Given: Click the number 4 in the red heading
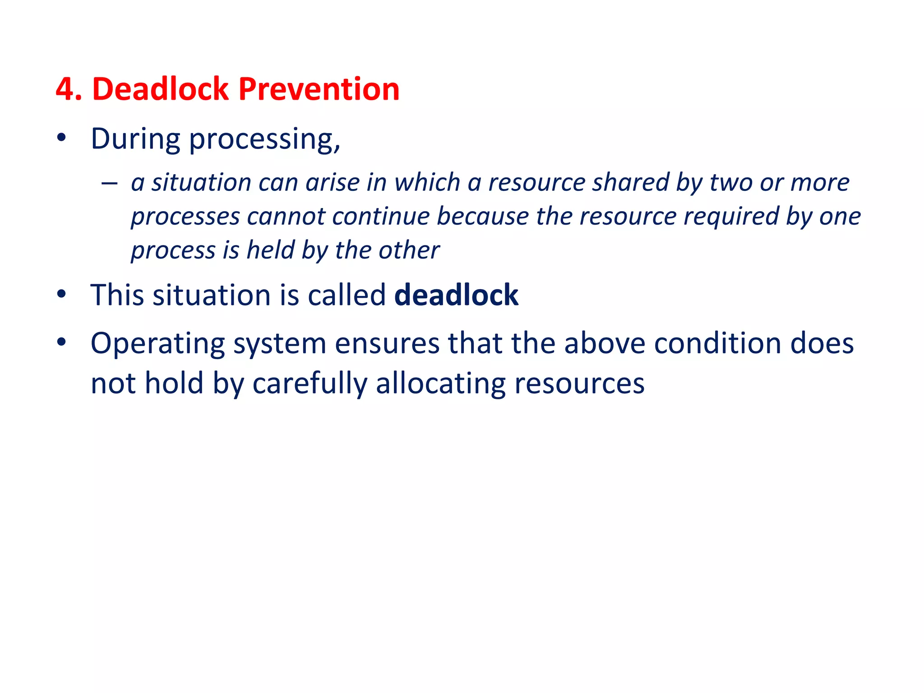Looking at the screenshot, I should pos(65,89).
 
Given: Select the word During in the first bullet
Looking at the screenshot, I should pos(135,139).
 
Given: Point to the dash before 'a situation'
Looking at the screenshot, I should pos(109,183).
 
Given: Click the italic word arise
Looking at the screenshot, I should pos(332,183).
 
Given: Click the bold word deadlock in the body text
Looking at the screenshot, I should pos(456,295).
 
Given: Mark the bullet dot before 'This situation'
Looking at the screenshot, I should pos(62,294).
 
